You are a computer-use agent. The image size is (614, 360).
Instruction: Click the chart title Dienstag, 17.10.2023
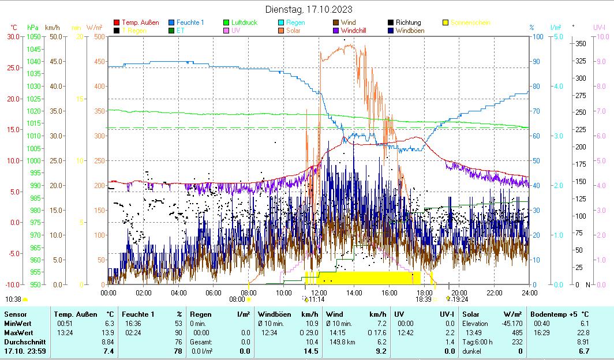(309, 9)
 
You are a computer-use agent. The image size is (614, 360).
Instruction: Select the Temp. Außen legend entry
(140, 22)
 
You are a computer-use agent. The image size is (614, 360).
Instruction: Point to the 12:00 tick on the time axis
(319, 292)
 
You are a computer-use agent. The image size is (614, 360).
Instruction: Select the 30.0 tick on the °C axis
(13, 36)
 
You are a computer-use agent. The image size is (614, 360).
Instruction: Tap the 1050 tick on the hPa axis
(33, 36)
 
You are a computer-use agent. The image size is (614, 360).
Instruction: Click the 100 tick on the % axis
(537, 36)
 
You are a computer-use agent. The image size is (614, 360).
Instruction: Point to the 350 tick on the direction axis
(581, 44)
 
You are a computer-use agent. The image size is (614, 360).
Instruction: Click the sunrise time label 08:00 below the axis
(237, 299)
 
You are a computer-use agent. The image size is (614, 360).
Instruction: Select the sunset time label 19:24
(459, 299)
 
